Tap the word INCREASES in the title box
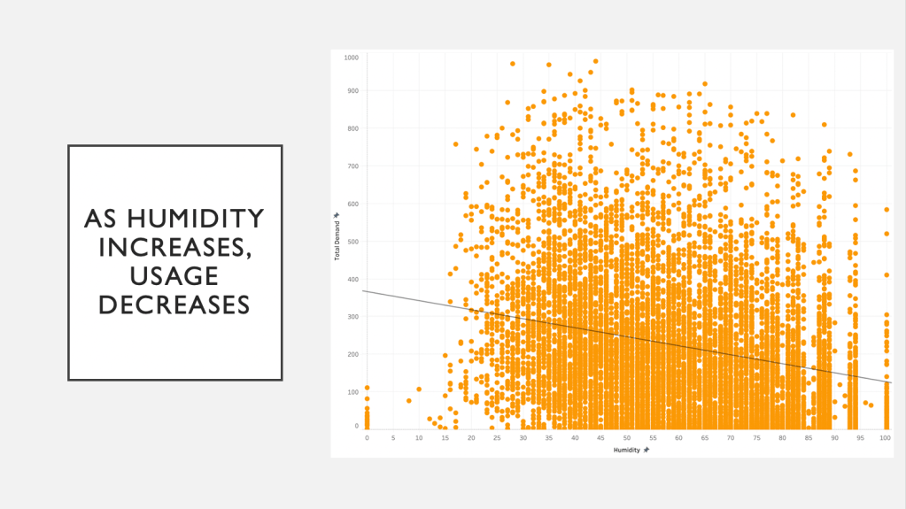click(174, 247)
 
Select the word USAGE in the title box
click(174, 276)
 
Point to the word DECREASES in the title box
click(174, 305)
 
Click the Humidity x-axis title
click(627, 450)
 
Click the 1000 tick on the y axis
click(352, 58)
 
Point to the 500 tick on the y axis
click(352, 241)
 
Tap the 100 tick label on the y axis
click(352, 390)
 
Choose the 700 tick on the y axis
click(352, 166)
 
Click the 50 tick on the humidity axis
click(626, 437)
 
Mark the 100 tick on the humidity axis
click(886, 437)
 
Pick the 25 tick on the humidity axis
click(497, 437)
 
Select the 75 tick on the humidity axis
click(756, 437)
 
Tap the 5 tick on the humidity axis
click(393, 437)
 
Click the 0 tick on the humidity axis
click(367, 437)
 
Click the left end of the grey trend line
click(363, 290)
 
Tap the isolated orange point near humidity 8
click(408, 401)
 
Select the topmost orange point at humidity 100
click(887, 210)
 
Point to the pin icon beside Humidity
click(647, 450)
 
